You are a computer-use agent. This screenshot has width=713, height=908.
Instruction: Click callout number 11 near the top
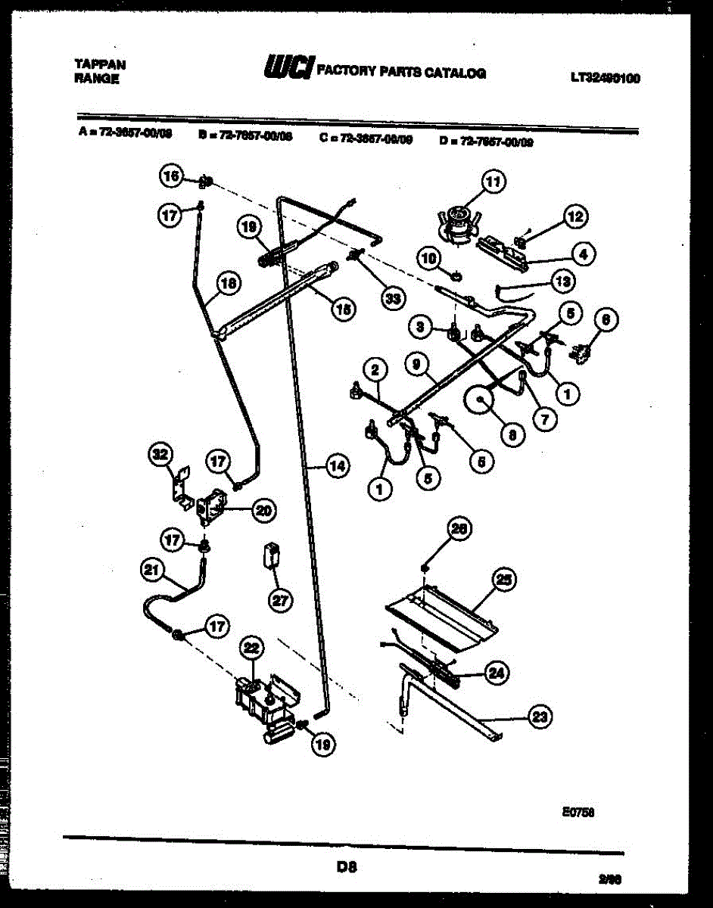pos(493,182)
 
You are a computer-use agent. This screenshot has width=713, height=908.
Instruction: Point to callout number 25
pos(504,580)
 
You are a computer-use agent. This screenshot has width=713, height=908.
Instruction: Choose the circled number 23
pos(539,717)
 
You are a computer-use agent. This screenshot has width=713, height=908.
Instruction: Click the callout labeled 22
pos(252,648)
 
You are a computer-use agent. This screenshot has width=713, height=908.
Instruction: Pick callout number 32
pos(160,455)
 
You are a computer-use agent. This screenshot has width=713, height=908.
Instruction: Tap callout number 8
pos(512,434)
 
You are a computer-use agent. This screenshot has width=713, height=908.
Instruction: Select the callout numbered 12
pos(576,218)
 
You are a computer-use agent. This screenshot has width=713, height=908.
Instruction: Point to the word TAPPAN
pos(101,64)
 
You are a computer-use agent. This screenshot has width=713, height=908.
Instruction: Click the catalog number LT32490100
pos(606,76)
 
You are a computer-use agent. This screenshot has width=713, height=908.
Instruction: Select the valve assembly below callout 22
pos(265,704)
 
